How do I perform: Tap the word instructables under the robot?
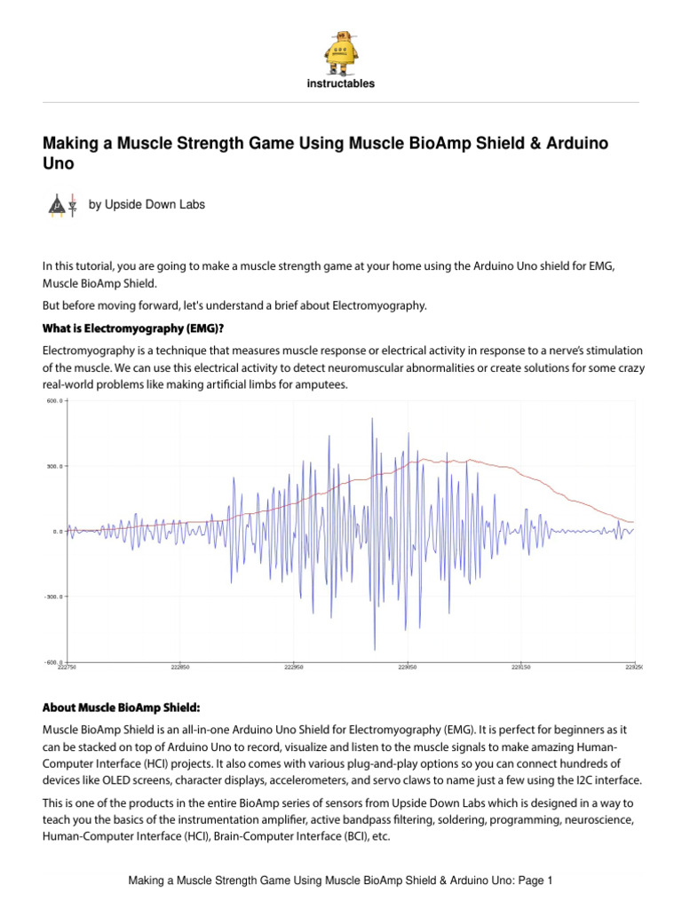point(341,84)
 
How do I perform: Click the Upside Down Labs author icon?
point(61,204)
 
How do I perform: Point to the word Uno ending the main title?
point(59,164)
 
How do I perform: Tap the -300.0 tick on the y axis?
point(53,597)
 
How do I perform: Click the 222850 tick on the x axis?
point(181,668)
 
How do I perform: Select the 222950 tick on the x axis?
point(294,668)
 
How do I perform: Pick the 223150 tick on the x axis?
point(520,668)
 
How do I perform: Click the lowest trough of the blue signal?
point(375,650)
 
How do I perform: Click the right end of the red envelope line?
point(632,522)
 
